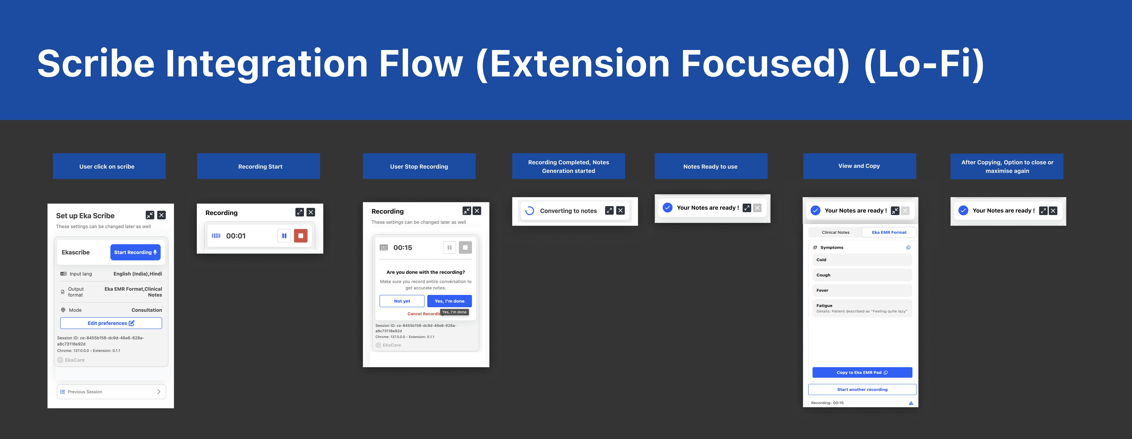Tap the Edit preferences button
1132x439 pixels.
111,323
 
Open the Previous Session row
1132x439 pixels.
111,391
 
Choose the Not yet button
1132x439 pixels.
402,301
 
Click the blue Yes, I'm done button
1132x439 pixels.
449,301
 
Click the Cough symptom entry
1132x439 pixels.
862,275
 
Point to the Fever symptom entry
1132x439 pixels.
862,290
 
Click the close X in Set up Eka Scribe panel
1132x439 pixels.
162,215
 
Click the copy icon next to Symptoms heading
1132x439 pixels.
908,247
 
